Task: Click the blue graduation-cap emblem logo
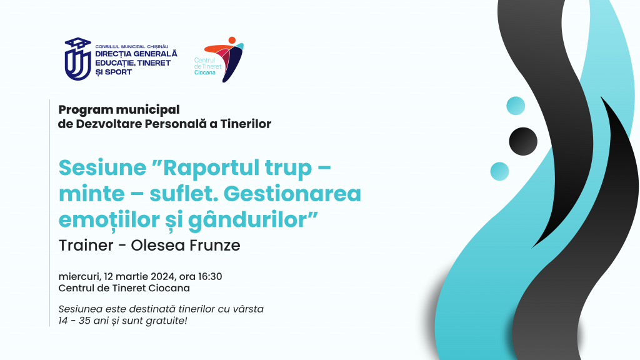77,59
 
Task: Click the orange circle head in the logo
232,41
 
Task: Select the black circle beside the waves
523,141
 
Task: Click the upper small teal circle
516,106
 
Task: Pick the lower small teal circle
499,171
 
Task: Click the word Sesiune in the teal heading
102,167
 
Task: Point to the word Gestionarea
292,194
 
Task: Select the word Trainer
86,245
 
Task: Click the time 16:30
210,276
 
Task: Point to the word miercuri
79,277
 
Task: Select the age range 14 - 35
74,321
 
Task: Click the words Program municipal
119,110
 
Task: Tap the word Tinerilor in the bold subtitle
246,124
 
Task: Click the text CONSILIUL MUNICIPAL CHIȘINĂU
132,47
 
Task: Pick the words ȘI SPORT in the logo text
114,72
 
